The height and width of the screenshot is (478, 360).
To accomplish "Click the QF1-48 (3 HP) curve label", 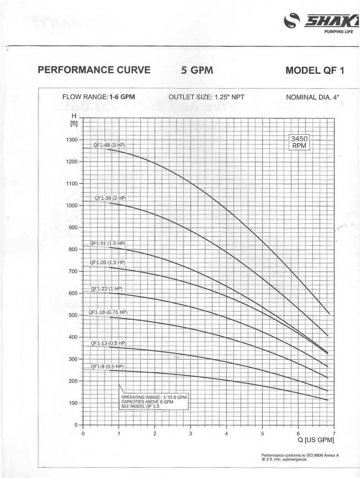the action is (109, 145).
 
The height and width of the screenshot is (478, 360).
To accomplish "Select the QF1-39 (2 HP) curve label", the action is (110, 198).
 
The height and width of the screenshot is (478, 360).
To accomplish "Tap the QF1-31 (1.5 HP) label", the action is (107, 244).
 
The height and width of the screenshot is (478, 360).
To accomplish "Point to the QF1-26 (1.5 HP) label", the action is (107, 262).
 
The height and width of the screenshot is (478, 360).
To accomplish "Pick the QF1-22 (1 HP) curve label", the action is (106, 289).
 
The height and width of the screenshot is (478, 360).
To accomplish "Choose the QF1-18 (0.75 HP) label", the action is (108, 312).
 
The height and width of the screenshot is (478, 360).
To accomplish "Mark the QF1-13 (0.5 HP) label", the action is (109, 343).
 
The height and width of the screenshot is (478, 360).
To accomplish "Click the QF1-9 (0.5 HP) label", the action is (107, 367).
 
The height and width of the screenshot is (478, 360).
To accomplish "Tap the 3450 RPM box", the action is (299, 142).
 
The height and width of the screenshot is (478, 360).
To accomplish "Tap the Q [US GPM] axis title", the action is (316, 440).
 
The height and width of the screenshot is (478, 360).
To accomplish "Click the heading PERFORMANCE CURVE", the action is (94, 70).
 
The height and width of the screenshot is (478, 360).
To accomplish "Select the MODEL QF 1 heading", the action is (314, 70).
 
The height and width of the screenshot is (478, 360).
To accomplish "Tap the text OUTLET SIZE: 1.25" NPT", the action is (206, 97).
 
